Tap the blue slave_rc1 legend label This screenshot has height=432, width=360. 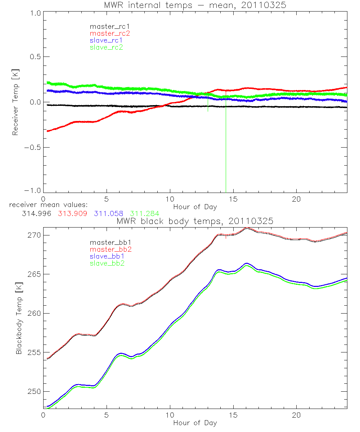(x=106, y=40)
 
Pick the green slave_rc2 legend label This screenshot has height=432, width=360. (x=106, y=47)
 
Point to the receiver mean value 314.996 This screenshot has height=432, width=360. (x=36, y=213)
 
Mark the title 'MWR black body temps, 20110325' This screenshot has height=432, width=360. (x=195, y=221)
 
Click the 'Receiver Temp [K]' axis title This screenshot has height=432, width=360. (x=15, y=102)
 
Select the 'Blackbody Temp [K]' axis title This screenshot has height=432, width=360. (x=19, y=319)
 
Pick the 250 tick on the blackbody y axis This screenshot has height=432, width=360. (x=33, y=391)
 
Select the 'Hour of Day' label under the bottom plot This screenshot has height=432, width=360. (x=195, y=423)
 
